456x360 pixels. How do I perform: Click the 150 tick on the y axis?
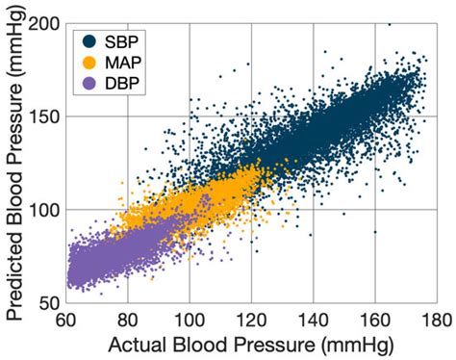click(43, 116)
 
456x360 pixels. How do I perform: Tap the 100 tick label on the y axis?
click(43, 210)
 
